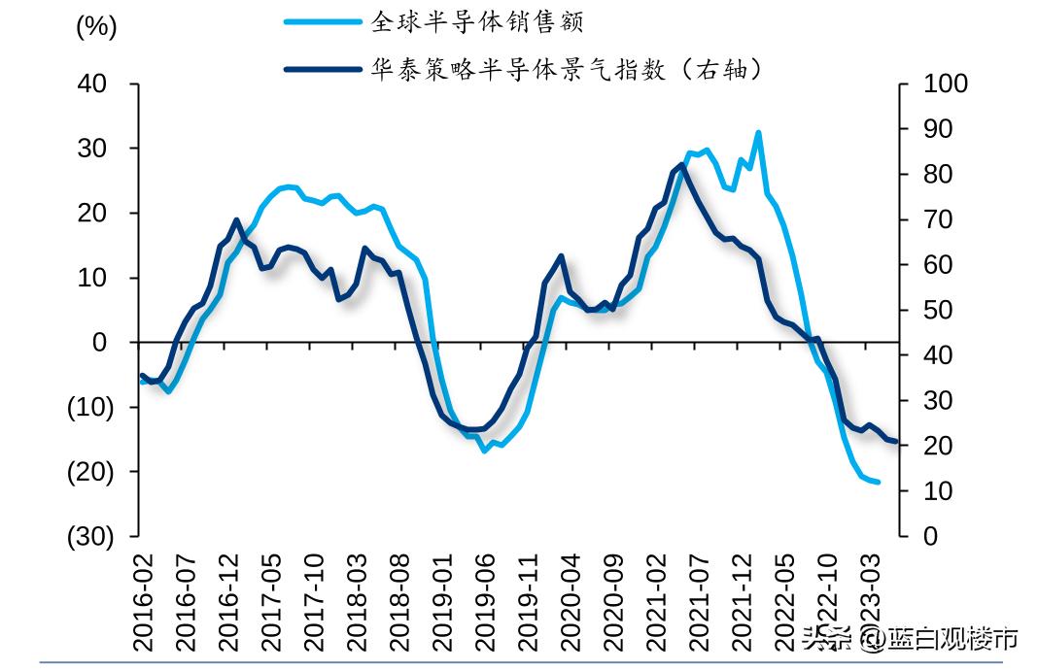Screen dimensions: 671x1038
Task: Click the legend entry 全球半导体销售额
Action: pos(477,21)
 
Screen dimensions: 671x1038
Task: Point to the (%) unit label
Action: pos(96,28)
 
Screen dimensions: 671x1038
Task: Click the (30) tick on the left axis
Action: pos(89,536)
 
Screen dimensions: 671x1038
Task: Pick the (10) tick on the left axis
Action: pos(89,407)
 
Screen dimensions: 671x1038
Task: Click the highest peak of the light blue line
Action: pos(758,132)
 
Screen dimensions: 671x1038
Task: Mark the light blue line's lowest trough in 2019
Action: pos(484,451)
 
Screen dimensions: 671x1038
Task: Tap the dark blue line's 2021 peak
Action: pos(681,164)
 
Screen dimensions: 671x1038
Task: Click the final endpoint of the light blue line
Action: pos(878,482)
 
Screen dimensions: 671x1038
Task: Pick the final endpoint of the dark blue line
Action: pos(895,442)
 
